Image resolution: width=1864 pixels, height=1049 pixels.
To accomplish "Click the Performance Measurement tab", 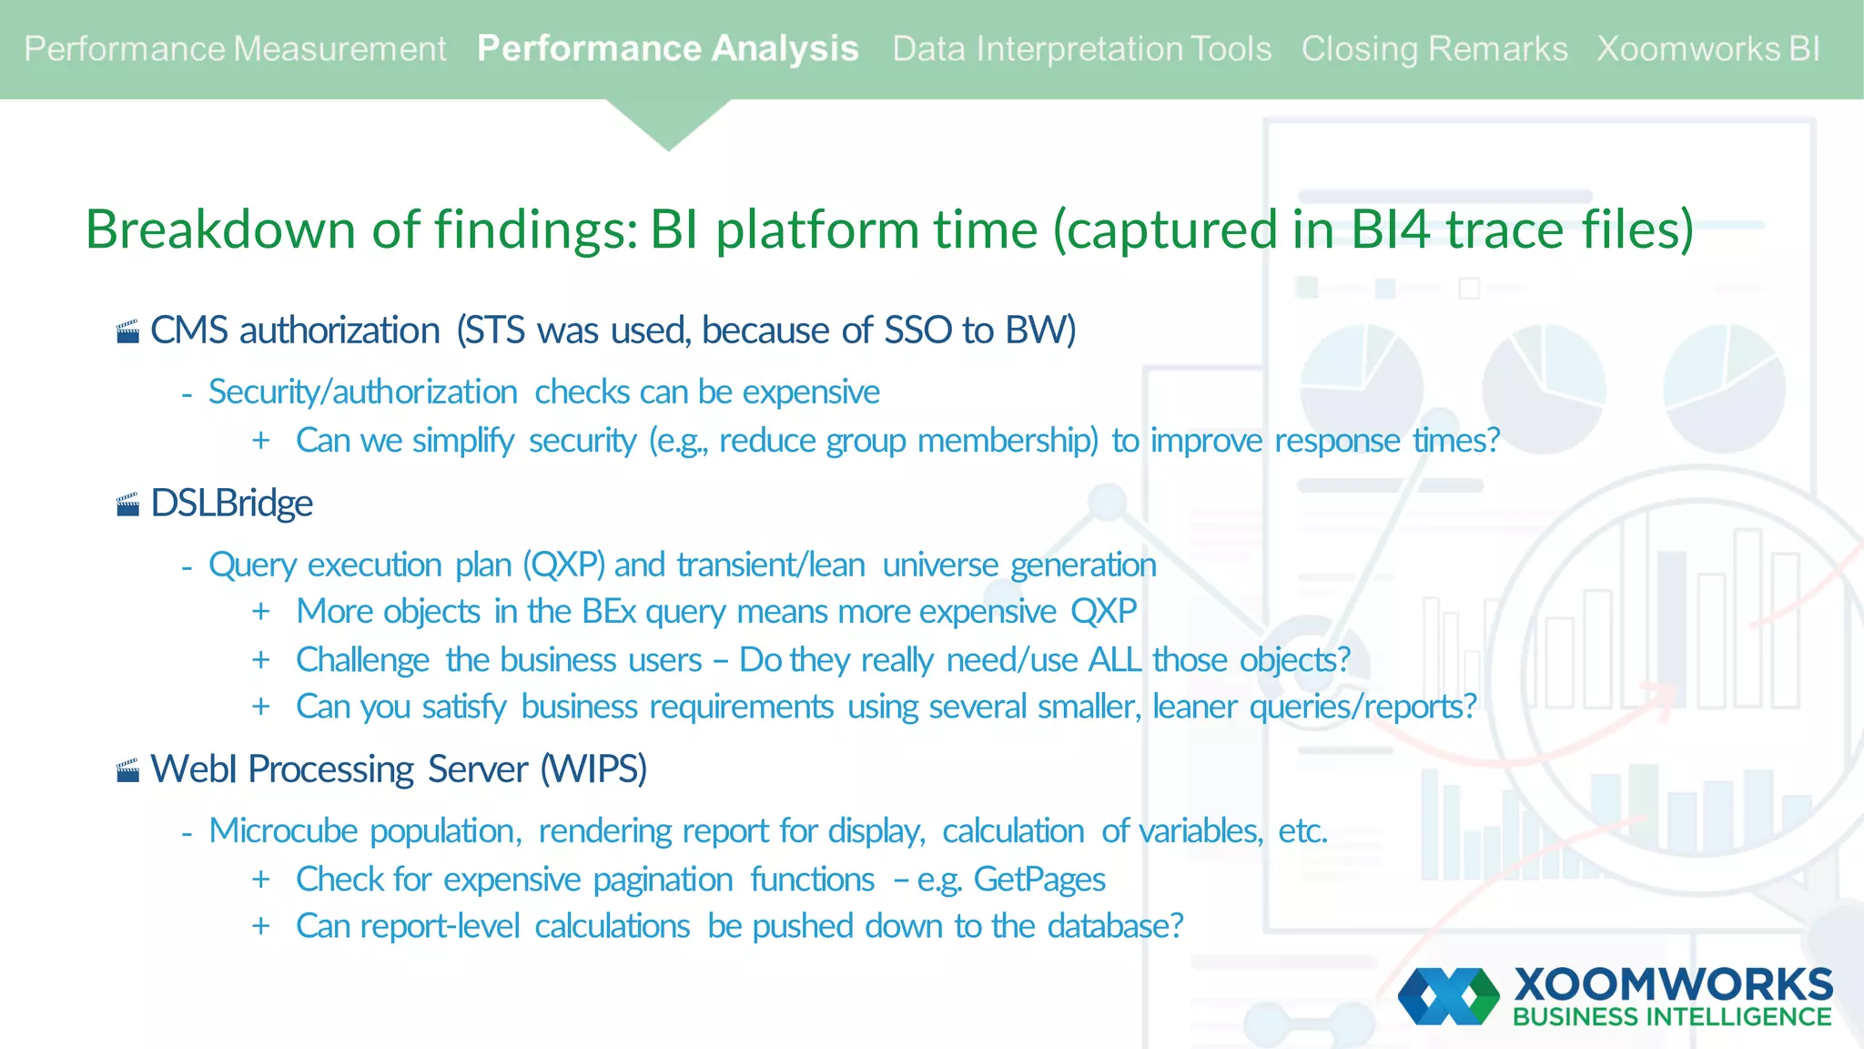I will (x=235, y=49).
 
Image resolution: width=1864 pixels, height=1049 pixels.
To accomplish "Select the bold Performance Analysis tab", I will (x=667, y=49).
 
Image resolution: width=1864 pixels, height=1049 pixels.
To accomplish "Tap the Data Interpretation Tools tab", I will (x=1081, y=49).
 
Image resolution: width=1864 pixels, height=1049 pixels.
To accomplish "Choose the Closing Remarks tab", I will (x=1433, y=49).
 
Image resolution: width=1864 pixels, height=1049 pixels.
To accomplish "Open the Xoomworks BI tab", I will (x=1707, y=49).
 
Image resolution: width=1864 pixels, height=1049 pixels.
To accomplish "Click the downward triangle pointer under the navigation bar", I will (x=668, y=124).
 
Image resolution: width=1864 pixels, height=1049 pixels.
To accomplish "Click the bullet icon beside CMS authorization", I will (x=128, y=331).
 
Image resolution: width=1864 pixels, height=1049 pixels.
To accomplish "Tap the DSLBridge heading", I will (x=231, y=504).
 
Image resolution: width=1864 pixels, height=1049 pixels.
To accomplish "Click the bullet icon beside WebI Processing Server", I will (x=128, y=771).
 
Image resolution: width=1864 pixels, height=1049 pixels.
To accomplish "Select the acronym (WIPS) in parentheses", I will (x=594, y=769).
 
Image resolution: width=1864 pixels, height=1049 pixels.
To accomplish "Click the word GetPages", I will (x=1039, y=880).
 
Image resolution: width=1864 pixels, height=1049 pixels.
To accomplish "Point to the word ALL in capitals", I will (x=1115, y=659).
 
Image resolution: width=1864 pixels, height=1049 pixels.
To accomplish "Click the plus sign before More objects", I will (x=261, y=611).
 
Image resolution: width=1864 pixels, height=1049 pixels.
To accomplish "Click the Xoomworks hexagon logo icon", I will (x=1448, y=996).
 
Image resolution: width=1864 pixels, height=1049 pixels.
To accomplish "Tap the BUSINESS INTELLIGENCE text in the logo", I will (x=1672, y=1017).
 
